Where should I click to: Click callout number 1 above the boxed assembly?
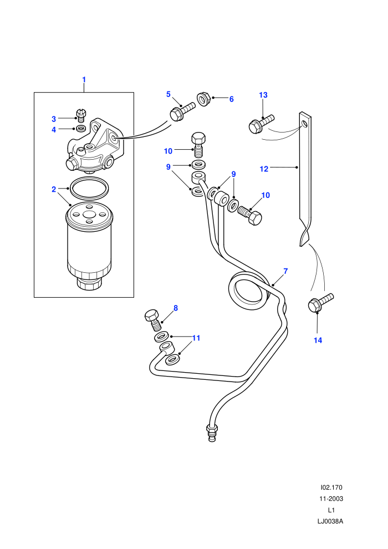84,80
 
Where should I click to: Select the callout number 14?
318,340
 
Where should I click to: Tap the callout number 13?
263,95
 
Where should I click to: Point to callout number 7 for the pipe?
285,271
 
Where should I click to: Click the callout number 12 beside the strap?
264,169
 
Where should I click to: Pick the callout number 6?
231,99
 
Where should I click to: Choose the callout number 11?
196,338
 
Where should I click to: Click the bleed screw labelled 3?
81,115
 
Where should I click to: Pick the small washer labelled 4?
81,129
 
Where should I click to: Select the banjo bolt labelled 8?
153,319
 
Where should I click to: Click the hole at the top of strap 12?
305,124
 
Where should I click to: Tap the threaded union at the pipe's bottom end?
212,432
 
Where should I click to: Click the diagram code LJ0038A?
330,521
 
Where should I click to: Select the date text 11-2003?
330,499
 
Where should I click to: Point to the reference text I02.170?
331,487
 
